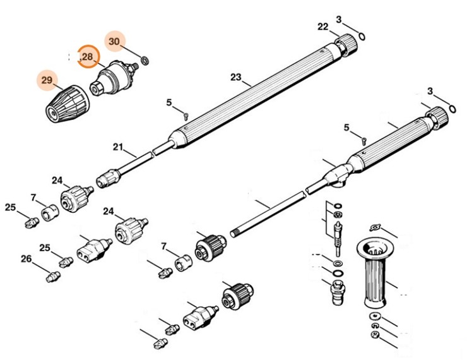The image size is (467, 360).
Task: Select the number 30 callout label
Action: [x=114, y=41]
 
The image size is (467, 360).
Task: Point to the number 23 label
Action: [x=236, y=78]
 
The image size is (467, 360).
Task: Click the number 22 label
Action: [x=322, y=27]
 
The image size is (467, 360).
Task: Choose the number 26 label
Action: [x=26, y=258]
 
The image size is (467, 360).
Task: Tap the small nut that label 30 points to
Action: [x=145, y=61]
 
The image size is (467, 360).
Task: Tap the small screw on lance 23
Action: [x=186, y=115]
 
